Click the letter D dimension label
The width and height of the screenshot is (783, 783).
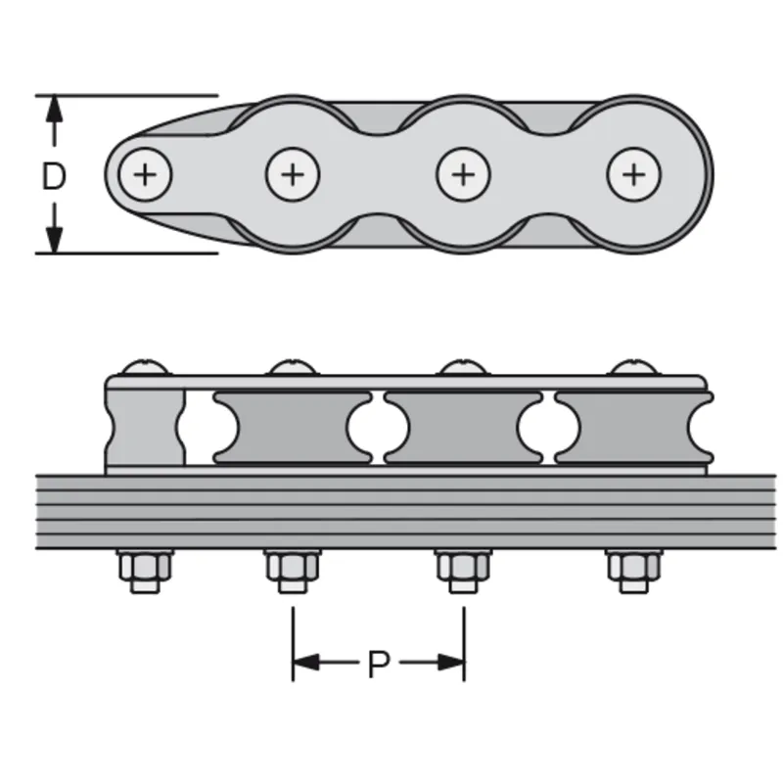click(54, 176)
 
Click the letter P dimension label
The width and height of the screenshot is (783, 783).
click(379, 665)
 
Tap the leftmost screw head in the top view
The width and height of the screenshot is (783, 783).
click(145, 175)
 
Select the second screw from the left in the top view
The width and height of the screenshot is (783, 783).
click(293, 175)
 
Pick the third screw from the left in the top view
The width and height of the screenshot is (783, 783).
click(463, 175)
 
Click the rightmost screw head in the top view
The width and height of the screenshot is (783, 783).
click(634, 175)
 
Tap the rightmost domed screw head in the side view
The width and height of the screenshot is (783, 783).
click(634, 368)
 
